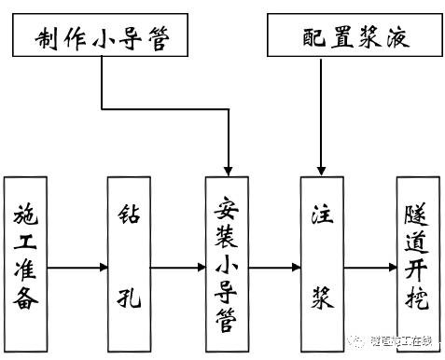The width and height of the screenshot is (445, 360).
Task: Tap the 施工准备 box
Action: tap(26, 264)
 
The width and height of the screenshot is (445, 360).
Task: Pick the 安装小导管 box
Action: tap(229, 264)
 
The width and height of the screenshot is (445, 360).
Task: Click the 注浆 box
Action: tap(320, 264)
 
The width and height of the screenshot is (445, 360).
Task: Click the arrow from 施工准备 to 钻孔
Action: tap(76, 269)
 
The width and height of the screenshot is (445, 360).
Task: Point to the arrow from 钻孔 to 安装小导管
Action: tap(177, 269)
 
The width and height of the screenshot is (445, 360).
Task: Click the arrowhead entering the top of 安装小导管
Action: tap(229, 168)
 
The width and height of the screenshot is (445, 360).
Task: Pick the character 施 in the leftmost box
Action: tap(26, 214)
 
